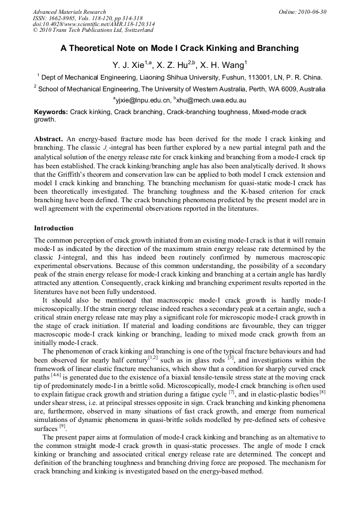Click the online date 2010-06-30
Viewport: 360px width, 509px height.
click(x=313, y=12)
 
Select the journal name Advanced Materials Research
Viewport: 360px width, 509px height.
click(x=70, y=12)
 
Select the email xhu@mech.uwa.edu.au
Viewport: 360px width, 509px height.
click(x=209, y=100)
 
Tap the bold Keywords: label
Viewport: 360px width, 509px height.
click(x=51, y=112)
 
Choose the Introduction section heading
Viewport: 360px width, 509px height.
click(x=54, y=228)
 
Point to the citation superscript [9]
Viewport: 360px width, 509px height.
click(x=62, y=426)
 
